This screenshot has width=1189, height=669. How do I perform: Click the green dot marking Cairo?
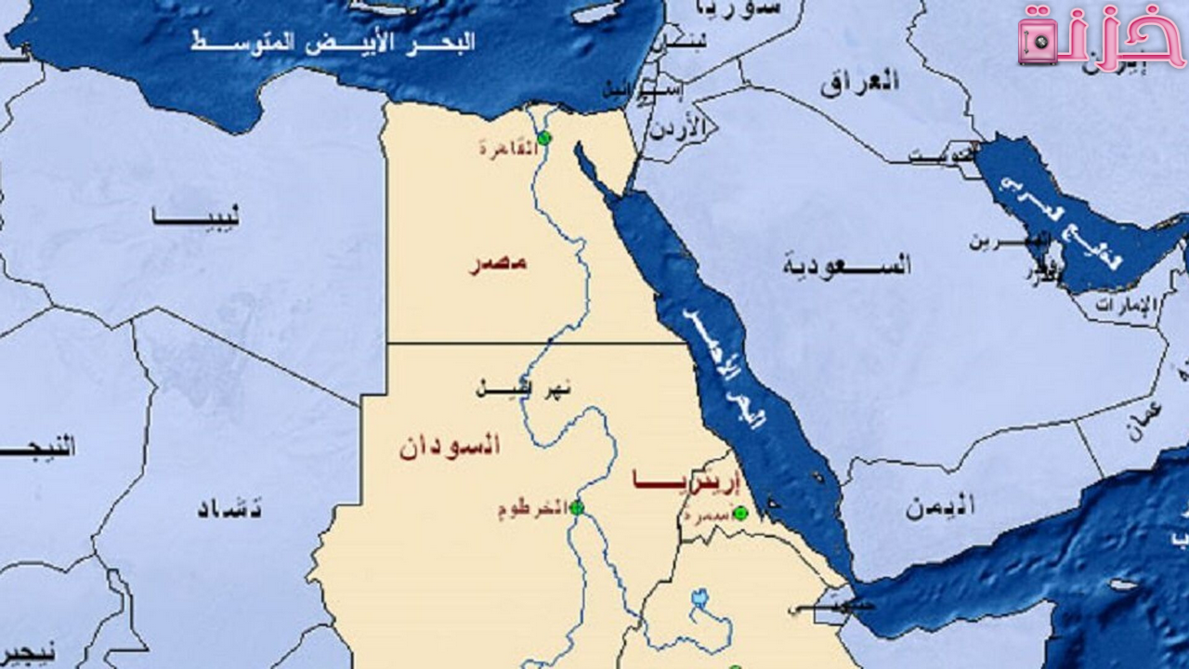pos(544,138)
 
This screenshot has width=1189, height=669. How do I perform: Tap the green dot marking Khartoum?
pos(576,508)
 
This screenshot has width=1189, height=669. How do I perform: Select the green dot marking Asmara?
pos(740,513)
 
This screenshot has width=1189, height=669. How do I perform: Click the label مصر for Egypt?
pos(496,263)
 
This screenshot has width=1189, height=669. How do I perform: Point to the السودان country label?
pos(450,445)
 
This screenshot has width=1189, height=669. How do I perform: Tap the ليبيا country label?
pos(196,217)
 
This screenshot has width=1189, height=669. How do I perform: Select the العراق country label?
pos(859,81)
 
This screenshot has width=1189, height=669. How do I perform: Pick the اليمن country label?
pos(940,506)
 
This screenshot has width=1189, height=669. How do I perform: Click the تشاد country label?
pos(229,508)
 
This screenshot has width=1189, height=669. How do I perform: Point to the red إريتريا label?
pos(687,480)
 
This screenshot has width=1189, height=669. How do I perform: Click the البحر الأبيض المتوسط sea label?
pos(333,42)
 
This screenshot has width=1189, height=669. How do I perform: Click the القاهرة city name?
pos(508,147)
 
